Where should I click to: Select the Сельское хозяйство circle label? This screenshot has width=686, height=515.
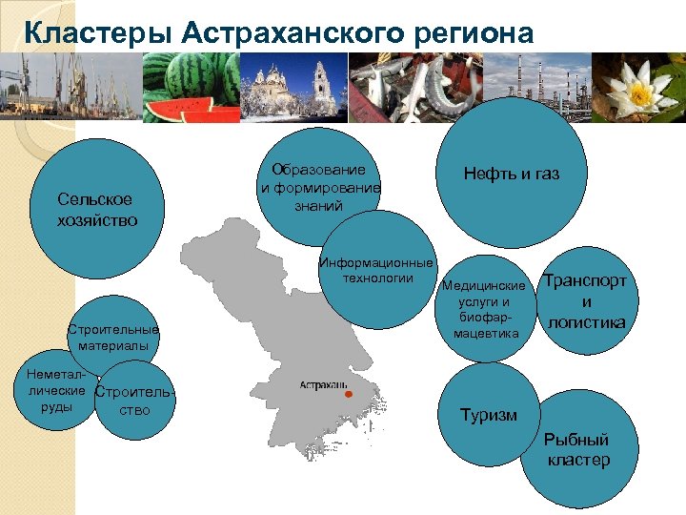click(95, 209)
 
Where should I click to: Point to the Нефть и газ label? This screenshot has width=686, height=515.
click(512, 174)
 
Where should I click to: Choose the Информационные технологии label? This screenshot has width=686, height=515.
click(377, 270)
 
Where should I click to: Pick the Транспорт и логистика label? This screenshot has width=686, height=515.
click(585, 301)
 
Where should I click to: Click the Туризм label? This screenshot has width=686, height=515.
click(489, 415)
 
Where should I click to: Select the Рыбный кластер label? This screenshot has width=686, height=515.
click(578, 450)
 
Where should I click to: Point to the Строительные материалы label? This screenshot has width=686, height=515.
click(113, 337)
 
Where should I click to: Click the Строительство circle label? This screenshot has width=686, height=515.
click(136, 401)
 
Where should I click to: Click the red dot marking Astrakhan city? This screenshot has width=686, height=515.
click(349, 394)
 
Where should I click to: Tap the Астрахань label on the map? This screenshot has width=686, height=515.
click(320, 384)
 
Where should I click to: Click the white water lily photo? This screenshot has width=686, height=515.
click(639, 88)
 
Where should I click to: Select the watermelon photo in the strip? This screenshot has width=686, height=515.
click(191, 88)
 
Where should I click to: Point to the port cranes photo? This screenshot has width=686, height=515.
click(71, 88)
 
